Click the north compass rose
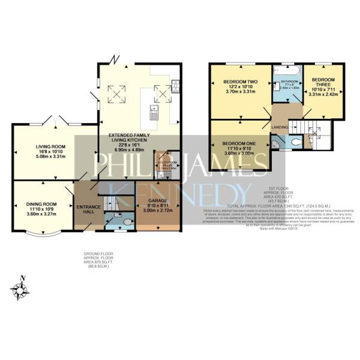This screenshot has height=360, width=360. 22,290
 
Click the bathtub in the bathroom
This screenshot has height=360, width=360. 287,72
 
